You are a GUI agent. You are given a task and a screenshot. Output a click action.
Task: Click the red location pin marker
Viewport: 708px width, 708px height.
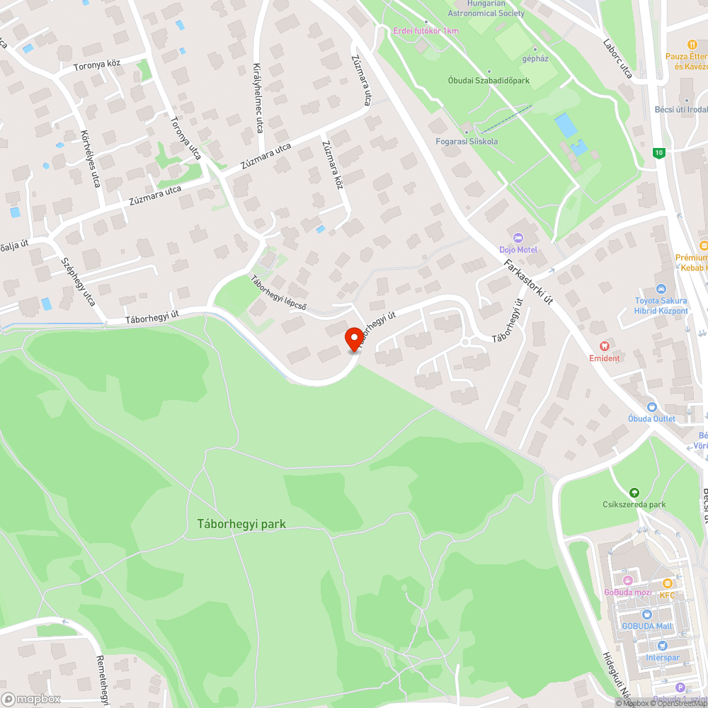point(354,338)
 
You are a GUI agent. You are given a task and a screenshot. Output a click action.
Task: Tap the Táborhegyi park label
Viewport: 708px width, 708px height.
point(241,525)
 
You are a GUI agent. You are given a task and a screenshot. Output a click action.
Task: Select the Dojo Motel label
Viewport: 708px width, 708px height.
point(518,250)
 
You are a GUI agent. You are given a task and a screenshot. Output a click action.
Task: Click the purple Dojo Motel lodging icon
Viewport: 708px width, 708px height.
point(518,237)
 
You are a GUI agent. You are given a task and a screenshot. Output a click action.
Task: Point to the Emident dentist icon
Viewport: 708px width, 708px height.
point(604,346)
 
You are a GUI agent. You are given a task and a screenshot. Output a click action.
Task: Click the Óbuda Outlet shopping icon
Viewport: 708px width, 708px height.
point(651,407)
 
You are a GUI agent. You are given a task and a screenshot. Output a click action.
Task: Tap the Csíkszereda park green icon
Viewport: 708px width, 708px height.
point(634,492)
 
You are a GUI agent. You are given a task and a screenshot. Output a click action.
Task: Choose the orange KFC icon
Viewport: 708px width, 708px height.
point(667,583)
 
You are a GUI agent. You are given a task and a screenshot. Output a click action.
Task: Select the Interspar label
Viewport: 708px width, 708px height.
point(662,658)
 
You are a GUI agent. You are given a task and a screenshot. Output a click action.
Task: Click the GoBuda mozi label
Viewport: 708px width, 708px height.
point(627,593)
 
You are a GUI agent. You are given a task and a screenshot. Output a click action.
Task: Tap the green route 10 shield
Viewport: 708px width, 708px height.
point(659,152)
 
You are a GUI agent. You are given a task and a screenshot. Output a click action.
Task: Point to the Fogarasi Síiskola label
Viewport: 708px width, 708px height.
point(467,141)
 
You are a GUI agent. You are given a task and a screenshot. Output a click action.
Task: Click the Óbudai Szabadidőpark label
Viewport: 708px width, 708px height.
point(489,81)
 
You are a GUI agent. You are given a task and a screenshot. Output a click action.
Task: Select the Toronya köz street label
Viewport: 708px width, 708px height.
point(97,64)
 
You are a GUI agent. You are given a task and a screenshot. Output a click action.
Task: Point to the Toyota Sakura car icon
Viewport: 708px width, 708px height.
point(661,289)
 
